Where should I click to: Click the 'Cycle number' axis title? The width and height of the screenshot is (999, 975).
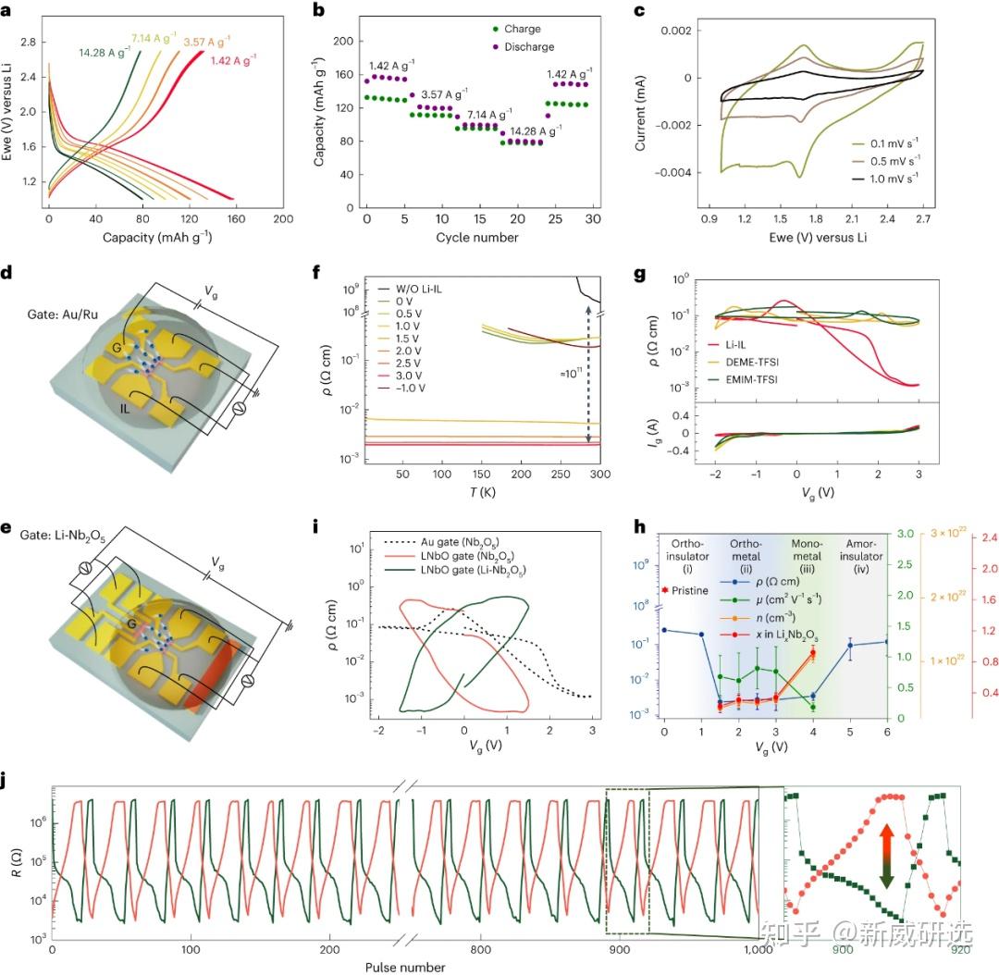(x=479, y=238)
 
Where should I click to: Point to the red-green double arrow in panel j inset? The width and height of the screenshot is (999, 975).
(x=885, y=856)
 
